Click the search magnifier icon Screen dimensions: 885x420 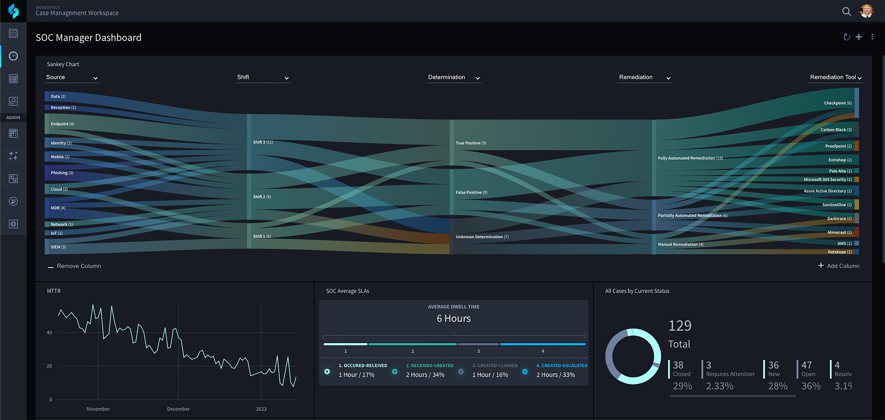pyautogui.click(x=846, y=12)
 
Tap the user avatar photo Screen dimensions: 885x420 pyautogui.click(x=866, y=11)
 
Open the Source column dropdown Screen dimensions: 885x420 pyautogui.click(x=72, y=78)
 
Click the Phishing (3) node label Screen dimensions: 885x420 pyautogui.click(x=62, y=173)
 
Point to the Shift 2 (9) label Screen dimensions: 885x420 pyautogui.click(x=262, y=197)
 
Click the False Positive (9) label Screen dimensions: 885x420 pyautogui.click(x=471, y=192)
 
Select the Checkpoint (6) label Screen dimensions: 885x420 pyautogui.click(x=838, y=103)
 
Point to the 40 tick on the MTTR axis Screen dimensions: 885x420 pyautogui.click(x=49, y=332)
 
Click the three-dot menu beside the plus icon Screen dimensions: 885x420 pyautogui.click(x=872, y=37)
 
